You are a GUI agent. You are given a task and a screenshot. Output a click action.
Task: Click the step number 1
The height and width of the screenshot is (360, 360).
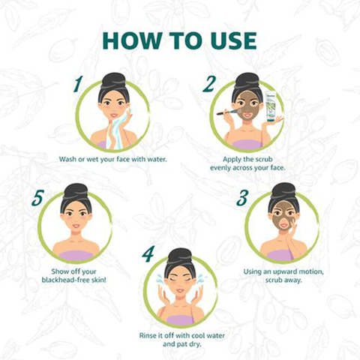[x=78, y=84]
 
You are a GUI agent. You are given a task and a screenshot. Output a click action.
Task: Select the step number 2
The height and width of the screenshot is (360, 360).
[x=209, y=84]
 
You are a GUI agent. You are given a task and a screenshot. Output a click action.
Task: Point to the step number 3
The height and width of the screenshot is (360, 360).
[x=242, y=197]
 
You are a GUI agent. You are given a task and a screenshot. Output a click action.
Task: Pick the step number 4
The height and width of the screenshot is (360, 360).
[x=148, y=254]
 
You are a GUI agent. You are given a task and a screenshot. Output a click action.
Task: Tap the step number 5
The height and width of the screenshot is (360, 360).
[x=38, y=198]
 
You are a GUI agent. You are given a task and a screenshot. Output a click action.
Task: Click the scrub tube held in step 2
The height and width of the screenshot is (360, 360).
[x=271, y=106]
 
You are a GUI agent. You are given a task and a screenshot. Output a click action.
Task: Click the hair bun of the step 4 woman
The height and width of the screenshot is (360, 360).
[x=179, y=256]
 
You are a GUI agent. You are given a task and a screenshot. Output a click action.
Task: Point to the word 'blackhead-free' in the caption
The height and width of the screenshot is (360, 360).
[x=64, y=280]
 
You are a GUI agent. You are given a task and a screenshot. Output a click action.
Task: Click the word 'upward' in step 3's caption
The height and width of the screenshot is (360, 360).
[x=280, y=272]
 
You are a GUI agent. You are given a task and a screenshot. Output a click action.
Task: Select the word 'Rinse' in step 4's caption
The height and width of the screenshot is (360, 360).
[x=148, y=335]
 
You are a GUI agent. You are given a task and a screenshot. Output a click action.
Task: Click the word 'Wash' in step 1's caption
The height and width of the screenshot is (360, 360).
[x=67, y=159]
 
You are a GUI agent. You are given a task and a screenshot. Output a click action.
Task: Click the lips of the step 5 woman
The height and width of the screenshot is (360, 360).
[x=76, y=226]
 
